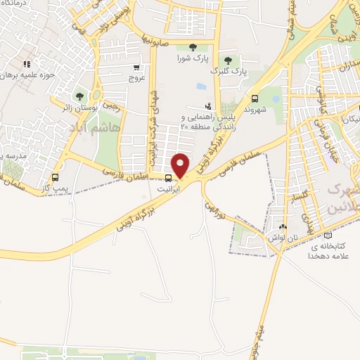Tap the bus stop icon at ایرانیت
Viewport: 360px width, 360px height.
[x=167, y=178]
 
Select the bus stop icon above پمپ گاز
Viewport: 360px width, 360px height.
[x=55, y=178]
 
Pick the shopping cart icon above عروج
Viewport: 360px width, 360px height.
[x=136, y=68]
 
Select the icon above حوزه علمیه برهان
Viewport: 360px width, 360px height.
[x=46, y=64]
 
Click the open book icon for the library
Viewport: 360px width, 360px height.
[x=328, y=236]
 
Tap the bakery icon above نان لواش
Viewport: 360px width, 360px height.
[x=283, y=226]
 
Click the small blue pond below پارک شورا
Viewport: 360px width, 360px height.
[x=202, y=86]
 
